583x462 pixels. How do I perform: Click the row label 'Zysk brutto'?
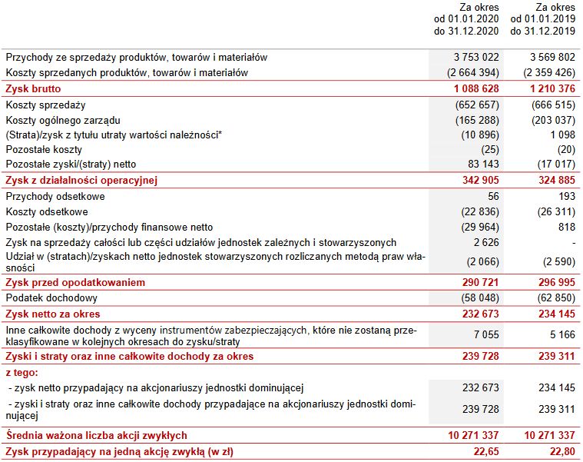tap(32, 88)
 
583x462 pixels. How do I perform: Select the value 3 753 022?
tap(476, 57)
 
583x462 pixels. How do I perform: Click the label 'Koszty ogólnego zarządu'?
tap(63, 120)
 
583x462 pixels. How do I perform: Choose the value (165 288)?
tap(476, 120)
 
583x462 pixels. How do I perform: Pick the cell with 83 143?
tap(482, 164)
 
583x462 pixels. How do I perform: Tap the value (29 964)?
tap(479, 227)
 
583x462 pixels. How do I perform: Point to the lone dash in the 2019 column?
tap(572, 242)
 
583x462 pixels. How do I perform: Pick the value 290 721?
tap(479, 283)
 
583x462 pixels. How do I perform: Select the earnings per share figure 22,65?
tap(485, 450)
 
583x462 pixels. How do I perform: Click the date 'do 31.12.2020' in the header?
tap(467, 32)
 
